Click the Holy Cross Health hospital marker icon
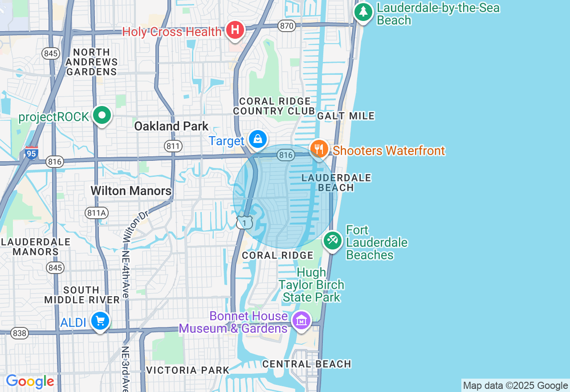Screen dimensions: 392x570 (235, 30)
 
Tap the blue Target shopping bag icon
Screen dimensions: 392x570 (257, 139)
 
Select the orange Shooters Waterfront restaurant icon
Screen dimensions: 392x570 (319, 149)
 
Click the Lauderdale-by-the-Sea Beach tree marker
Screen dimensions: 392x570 (363, 12)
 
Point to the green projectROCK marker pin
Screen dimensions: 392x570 (102, 115)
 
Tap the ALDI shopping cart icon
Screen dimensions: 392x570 (100, 321)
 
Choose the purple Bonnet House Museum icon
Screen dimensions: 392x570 (301, 320)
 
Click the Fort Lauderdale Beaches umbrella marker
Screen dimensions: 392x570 (332, 241)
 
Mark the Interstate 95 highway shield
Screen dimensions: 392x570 (32, 153)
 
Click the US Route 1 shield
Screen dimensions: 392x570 (244, 222)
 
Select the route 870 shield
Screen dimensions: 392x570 (287, 26)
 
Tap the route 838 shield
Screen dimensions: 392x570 (20, 333)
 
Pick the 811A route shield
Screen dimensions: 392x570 (97, 213)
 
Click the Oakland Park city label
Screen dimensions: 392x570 (171, 126)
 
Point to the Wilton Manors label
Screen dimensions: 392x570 (131, 191)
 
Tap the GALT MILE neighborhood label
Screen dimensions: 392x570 (346, 116)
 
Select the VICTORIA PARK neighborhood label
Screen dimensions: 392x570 (187, 370)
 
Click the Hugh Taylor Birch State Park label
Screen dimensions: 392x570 (311, 285)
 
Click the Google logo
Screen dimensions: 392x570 (30, 381)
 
